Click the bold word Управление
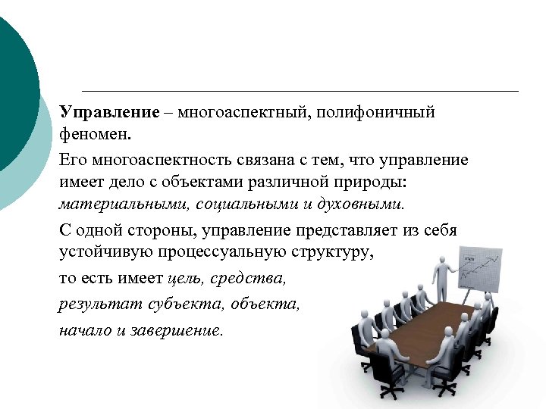point(109,113)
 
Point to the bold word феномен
point(95,136)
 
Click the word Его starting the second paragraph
point(71,160)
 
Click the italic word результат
point(94,304)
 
